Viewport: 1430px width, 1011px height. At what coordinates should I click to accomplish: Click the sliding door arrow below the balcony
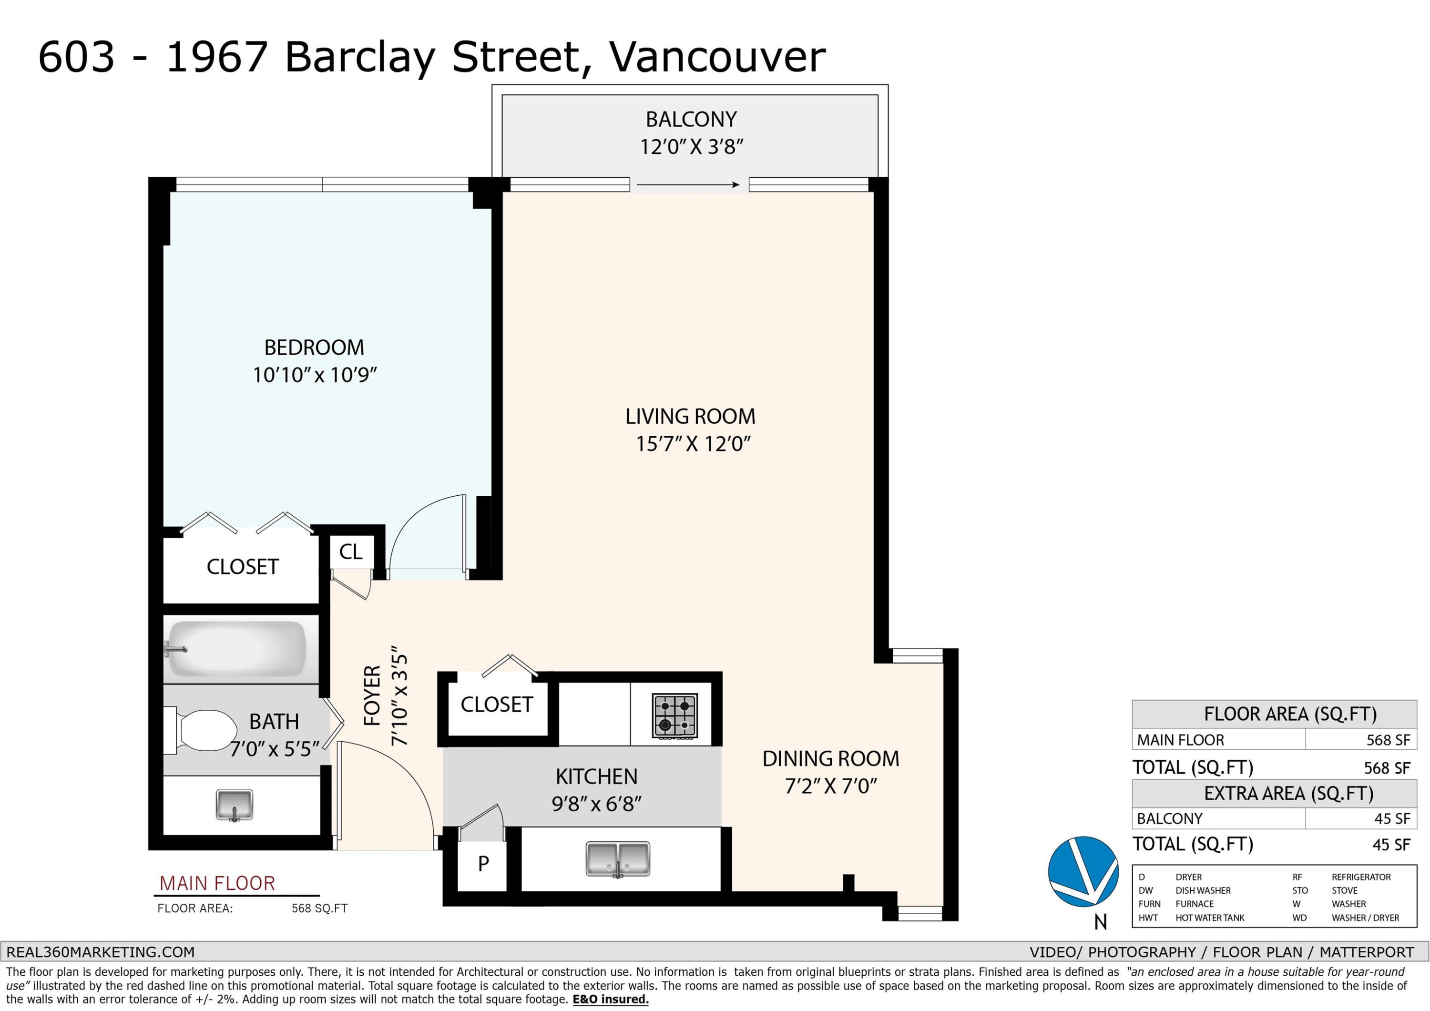click(x=688, y=184)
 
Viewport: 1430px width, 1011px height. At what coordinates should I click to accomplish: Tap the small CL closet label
click(x=351, y=552)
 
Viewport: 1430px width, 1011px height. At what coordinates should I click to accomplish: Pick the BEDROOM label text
click(x=314, y=347)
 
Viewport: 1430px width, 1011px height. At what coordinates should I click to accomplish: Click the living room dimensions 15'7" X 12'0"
click(x=693, y=444)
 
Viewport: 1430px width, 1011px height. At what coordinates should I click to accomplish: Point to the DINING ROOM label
click(x=831, y=759)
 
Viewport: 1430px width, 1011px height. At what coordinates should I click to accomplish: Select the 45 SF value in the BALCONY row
click(x=1392, y=818)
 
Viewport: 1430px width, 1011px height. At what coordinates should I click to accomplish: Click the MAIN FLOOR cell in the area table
click(x=1181, y=740)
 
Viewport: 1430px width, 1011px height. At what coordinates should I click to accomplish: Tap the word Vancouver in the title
click(x=717, y=57)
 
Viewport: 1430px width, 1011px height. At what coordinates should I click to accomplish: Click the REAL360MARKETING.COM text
click(x=100, y=952)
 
